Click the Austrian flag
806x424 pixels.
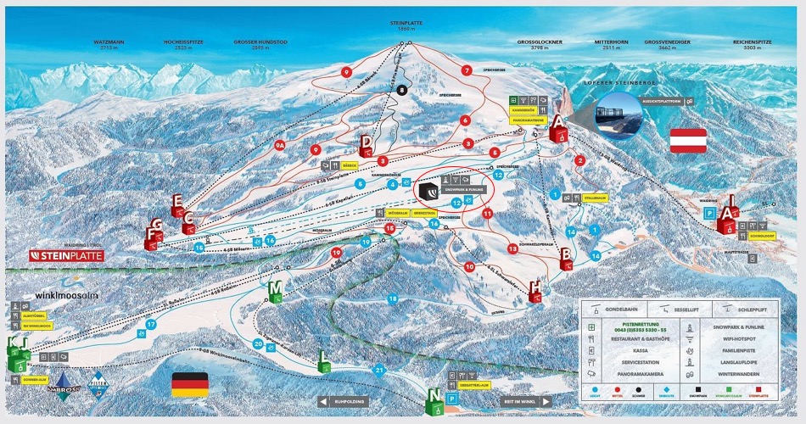click(688, 141)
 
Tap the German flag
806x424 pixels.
click(189, 384)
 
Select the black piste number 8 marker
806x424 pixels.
click(401, 90)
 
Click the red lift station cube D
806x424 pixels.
click(366, 147)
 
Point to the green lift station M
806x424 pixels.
click(275, 291)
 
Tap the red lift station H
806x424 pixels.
click(535, 291)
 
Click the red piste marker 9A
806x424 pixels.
click(280, 145)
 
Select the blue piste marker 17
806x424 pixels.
click(150, 324)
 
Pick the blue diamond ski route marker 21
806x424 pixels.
click(380, 370)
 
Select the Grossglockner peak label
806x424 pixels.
click(541, 43)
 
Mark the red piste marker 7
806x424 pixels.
click(466, 70)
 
